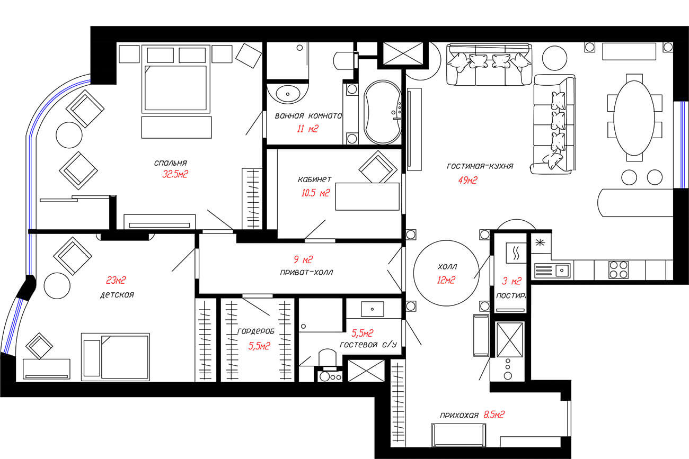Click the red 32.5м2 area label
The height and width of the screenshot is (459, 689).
[x=175, y=174]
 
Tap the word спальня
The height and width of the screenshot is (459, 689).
[x=171, y=163]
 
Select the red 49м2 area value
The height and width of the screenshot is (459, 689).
[x=468, y=180]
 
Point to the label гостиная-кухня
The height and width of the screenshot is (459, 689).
[x=480, y=166]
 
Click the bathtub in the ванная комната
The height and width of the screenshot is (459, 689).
[x=383, y=112]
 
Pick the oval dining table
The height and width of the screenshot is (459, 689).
[x=634, y=118]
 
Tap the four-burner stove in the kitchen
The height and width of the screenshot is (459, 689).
[x=619, y=270]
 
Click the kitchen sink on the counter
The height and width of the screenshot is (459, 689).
[x=562, y=271]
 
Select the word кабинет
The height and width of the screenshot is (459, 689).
[x=315, y=179]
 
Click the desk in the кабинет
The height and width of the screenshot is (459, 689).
[x=367, y=196]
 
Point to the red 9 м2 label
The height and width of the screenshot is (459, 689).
[x=303, y=259]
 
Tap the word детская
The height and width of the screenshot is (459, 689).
[x=117, y=295]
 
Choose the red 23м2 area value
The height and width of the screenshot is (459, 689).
[x=116, y=280]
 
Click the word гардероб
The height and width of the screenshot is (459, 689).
[x=256, y=331]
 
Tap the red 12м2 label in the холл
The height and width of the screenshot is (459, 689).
[x=446, y=280]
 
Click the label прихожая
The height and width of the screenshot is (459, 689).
[x=459, y=416]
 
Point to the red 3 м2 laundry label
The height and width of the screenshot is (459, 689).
[x=512, y=281]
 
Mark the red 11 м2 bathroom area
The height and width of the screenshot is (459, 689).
[x=307, y=129]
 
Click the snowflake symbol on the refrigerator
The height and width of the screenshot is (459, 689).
[x=540, y=242]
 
